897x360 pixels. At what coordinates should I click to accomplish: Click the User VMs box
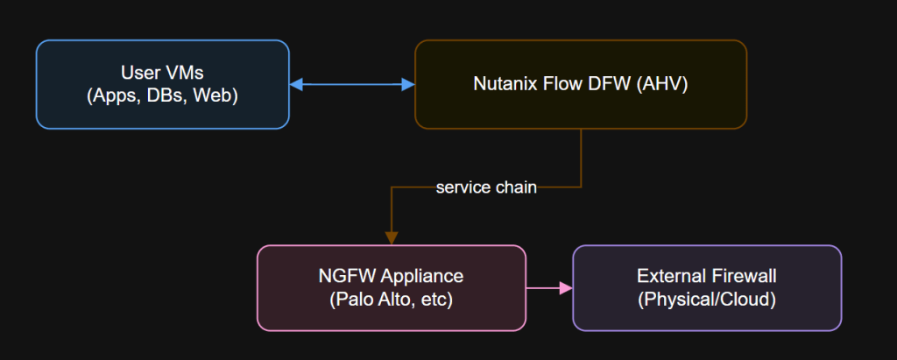coord(162,84)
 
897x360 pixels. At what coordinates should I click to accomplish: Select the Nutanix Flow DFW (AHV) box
coord(580,84)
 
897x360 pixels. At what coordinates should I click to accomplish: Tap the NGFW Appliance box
coord(391,288)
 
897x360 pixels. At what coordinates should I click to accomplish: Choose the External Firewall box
coord(706,288)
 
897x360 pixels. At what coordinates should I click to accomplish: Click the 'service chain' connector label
coord(486,187)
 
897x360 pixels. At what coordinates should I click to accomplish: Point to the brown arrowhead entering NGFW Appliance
coord(391,237)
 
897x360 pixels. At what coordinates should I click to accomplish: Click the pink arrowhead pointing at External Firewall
coord(565,288)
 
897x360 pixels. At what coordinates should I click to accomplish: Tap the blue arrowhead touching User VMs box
coord(296,85)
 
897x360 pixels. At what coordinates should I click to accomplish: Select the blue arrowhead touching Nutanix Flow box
coord(407,85)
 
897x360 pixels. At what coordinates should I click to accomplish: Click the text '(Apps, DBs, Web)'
coord(163,95)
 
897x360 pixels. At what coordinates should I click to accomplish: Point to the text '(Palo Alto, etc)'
coord(391,300)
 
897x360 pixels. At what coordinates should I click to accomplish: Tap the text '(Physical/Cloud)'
coord(706,300)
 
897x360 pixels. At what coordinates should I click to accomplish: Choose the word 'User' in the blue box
coord(139,74)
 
